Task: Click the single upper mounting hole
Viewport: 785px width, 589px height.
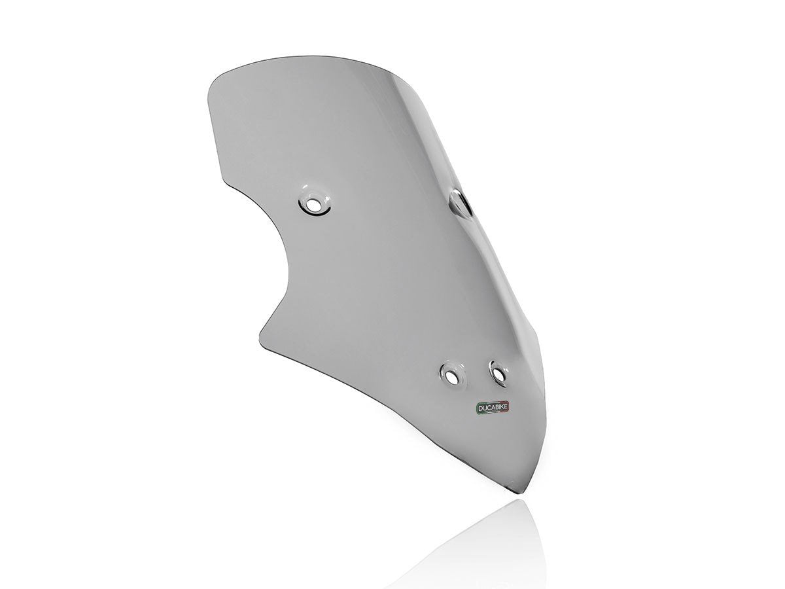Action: [x=313, y=204]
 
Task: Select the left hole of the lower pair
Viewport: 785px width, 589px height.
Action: [x=451, y=375]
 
